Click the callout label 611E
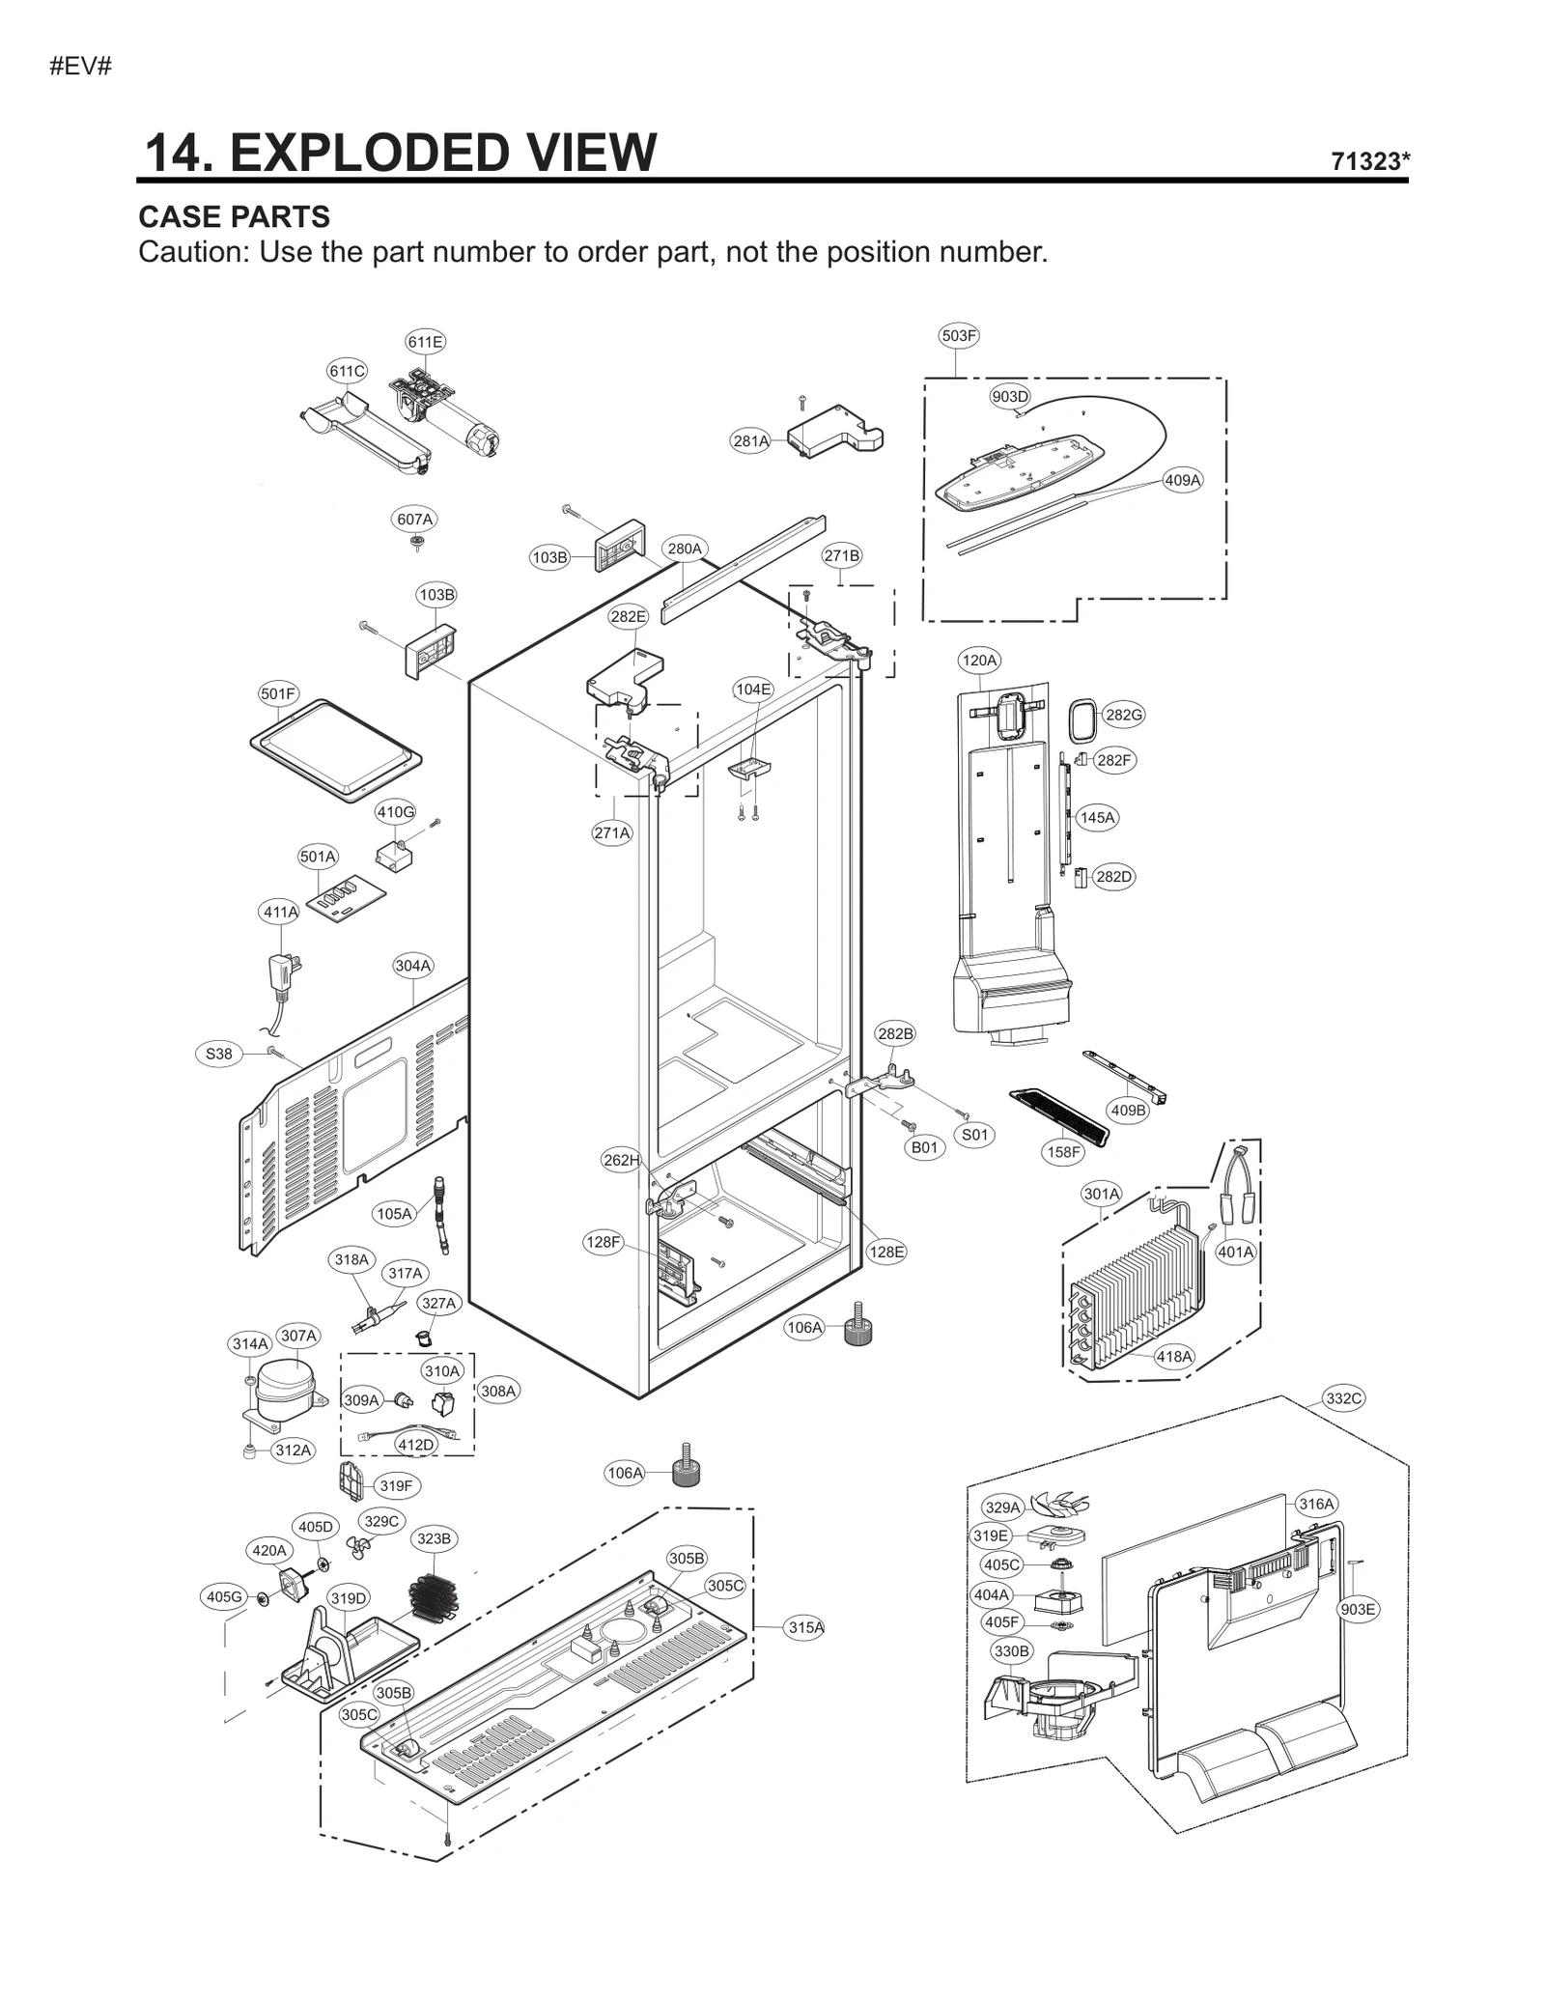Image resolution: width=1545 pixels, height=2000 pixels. click(x=425, y=342)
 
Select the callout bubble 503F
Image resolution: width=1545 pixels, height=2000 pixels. click(x=958, y=336)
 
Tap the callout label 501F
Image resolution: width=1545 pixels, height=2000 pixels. click(x=278, y=693)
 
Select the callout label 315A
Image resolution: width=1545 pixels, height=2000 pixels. click(x=805, y=1627)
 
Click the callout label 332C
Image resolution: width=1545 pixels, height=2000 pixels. click(x=1343, y=1398)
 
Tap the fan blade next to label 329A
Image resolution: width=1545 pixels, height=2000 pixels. click(x=1058, y=1503)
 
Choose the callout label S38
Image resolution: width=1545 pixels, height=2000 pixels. click(x=219, y=1054)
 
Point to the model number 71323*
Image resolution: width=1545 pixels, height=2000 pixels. click(x=1369, y=161)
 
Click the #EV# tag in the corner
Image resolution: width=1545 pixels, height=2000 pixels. click(x=81, y=67)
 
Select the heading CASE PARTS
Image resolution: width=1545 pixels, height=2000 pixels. click(x=234, y=216)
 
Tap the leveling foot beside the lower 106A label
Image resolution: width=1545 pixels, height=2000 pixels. click(x=685, y=1468)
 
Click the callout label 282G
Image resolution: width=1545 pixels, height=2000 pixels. click(x=1123, y=715)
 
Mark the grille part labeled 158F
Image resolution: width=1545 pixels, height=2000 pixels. click(x=1058, y=1115)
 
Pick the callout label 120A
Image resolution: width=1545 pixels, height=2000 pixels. click(x=978, y=661)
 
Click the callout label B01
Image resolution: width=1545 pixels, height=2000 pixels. click(x=924, y=1147)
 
